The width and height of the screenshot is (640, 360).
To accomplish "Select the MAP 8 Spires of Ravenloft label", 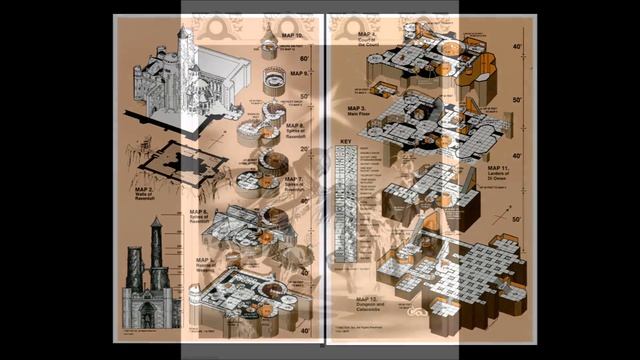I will (295, 127).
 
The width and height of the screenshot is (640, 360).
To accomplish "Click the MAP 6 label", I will (198, 216).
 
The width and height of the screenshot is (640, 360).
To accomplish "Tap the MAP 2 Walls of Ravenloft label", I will (144, 192).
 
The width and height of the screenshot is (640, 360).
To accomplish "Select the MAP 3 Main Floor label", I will (359, 110).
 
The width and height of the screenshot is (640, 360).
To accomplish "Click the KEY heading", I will (346, 142).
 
